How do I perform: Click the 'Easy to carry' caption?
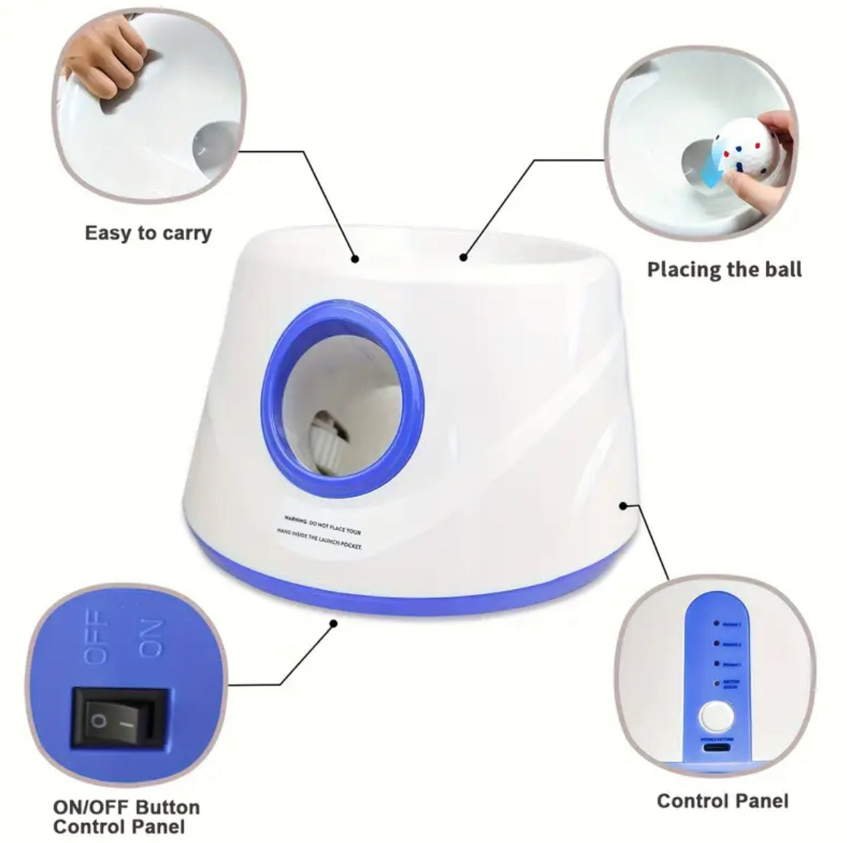click(148, 234)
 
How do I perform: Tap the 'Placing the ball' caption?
click(724, 269)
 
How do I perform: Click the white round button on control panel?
click(716, 716)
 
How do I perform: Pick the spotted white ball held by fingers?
click(737, 150)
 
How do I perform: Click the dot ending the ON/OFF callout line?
click(334, 623)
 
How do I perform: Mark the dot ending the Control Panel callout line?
click(623, 505)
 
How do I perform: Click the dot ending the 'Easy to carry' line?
click(355, 258)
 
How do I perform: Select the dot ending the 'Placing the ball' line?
click(462, 256)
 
